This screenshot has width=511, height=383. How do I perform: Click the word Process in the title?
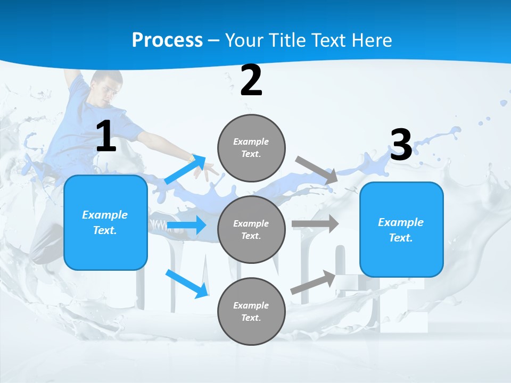point(167,40)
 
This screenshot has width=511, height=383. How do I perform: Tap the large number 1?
point(106,137)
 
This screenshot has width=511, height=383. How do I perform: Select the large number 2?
point(251,81)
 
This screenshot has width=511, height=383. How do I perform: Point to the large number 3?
point(401,145)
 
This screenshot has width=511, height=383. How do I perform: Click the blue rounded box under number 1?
point(105,222)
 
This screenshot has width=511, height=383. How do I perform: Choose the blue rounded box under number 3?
point(401,229)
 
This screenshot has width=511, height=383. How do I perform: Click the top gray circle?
point(251,148)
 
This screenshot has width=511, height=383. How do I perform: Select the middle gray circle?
point(251,229)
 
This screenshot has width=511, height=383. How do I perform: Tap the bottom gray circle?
point(251,311)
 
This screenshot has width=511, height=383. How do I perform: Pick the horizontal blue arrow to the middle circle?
point(186,226)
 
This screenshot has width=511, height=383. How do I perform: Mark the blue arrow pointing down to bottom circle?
point(187,284)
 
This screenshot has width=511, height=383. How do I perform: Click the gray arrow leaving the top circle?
point(316,170)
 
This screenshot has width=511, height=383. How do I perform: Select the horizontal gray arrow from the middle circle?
point(315,223)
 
